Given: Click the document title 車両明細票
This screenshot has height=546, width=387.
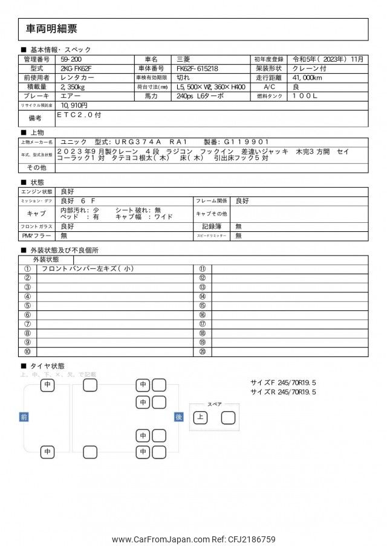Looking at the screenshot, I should coord(51,29).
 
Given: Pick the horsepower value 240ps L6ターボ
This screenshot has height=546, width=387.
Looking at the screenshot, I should coord(200,96).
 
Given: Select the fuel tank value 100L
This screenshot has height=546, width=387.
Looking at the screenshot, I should coord(313,96).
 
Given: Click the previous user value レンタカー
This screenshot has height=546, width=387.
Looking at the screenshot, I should coord(76,78).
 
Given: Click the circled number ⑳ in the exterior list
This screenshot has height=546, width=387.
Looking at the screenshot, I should coord(203,352).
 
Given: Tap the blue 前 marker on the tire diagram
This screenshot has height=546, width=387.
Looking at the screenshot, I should coord(24,417).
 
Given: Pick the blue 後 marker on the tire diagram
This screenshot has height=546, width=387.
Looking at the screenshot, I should coord(178,417).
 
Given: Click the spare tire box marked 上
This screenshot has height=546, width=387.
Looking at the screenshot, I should coord(200,417).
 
